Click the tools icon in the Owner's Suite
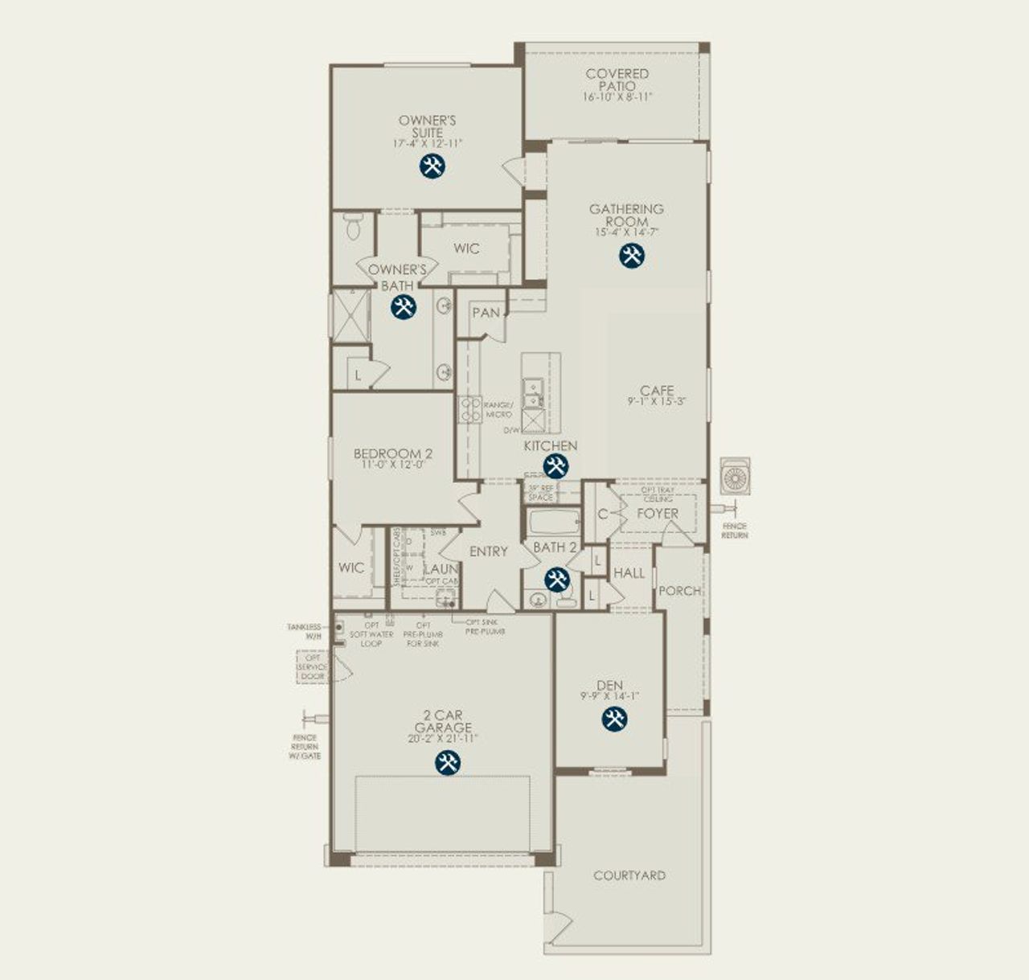pyautogui.click(x=433, y=166)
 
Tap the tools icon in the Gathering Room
pyautogui.click(x=632, y=256)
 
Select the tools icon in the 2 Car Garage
pyautogui.click(x=447, y=763)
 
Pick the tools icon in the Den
pyautogui.click(x=614, y=720)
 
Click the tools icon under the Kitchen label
pyautogui.click(x=555, y=466)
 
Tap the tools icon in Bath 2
pyautogui.click(x=557, y=580)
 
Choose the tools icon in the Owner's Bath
pyautogui.click(x=403, y=307)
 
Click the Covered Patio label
pyautogui.click(x=617, y=80)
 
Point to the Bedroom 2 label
pyautogui.click(x=393, y=454)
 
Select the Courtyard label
pyautogui.click(x=629, y=875)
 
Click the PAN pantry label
pyautogui.click(x=486, y=313)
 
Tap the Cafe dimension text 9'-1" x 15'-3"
pyautogui.click(x=657, y=401)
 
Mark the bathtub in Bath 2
pyautogui.click(x=554, y=523)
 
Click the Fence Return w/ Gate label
pyautogui.click(x=305, y=747)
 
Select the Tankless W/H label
pyautogui.click(x=304, y=631)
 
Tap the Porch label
pyautogui.click(x=679, y=591)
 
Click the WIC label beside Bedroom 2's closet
pyautogui.click(x=351, y=568)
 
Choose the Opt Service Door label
pyautogui.click(x=312, y=667)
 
